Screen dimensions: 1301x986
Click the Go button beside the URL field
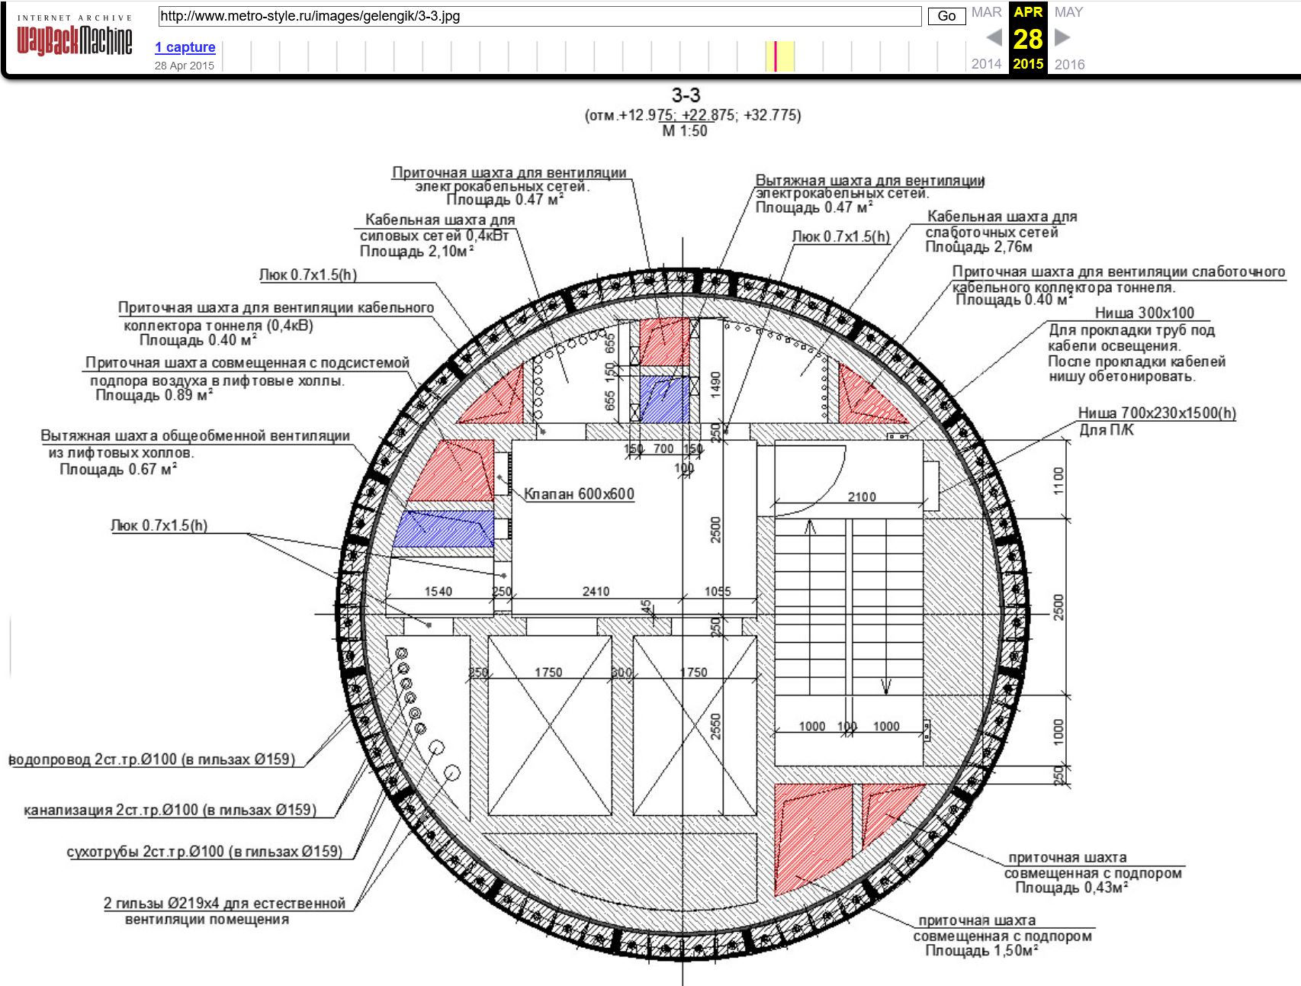pyautogui.click(x=946, y=16)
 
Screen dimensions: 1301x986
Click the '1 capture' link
pyautogui.click(x=185, y=47)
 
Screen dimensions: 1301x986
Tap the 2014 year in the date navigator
pyautogui.click(x=986, y=64)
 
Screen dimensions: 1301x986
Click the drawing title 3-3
pyautogui.click(x=686, y=95)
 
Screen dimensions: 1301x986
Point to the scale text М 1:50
pyautogui.click(x=685, y=131)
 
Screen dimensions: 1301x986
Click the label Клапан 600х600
pyautogui.click(x=579, y=494)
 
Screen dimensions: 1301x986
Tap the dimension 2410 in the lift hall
pyautogui.click(x=596, y=592)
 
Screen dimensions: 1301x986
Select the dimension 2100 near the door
pyautogui.click(x=862, y=497)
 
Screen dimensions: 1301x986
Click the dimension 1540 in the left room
pyautogui.click(x=438, y=592)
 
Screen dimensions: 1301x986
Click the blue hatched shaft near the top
pyautogui.click(x=664, y=399)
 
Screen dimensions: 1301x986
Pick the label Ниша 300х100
pyautogui.click(x=1145, y=313)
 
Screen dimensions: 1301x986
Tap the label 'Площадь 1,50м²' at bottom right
pyautogui.click(x=982, y=951)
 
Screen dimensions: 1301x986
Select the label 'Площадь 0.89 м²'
pyautogui.click(x=154, y=395)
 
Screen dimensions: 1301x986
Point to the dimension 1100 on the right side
pyautogui.click(x=1058, y=481)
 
